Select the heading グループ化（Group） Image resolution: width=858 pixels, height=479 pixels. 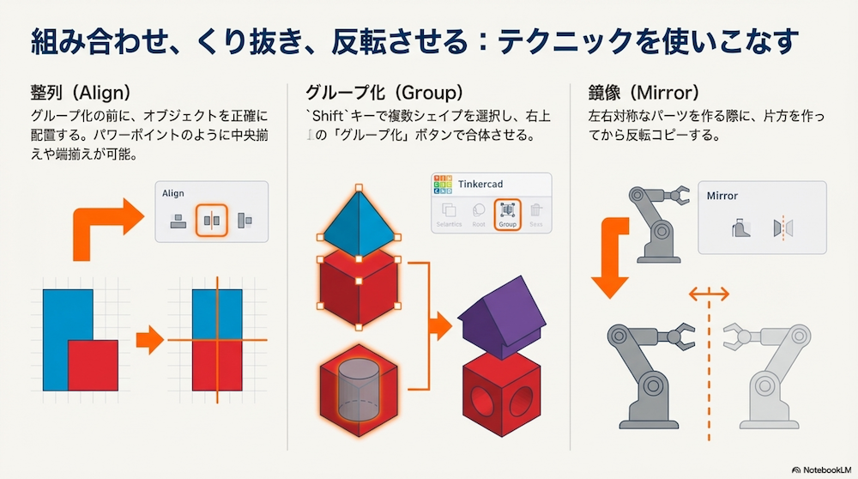point(384,92)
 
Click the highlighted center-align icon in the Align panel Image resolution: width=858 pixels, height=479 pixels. point(210,221)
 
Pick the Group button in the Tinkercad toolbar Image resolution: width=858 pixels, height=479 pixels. point(507,212)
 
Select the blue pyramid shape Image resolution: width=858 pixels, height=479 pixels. point(358,220)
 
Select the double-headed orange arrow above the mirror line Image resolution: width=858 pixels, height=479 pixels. point(709,294)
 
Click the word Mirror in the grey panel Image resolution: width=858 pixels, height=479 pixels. point(722,196)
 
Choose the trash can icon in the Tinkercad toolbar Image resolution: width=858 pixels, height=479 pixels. point(536,212)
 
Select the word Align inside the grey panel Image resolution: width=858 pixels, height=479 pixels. point(173,194)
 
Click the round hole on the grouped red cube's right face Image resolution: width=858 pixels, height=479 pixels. point(525,401)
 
